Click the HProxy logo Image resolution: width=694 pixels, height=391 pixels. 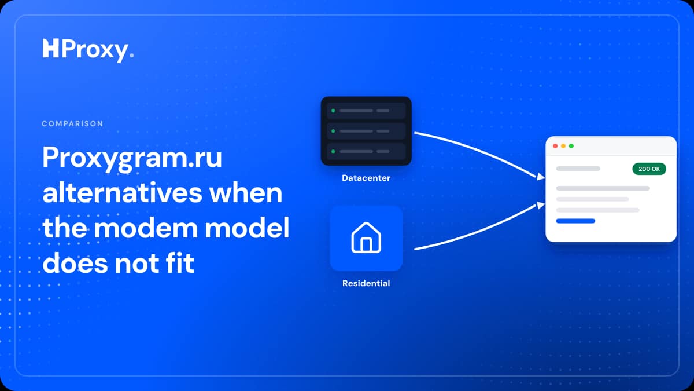point(88,50)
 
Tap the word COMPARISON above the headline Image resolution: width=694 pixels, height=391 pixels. point(72,123)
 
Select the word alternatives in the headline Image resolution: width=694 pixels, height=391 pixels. point(123,193)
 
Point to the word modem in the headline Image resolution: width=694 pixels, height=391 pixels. point(146,228)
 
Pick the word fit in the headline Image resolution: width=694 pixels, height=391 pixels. point(180,263)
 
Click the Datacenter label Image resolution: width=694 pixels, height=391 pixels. point(366,178)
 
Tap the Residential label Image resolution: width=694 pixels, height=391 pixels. point(366,283)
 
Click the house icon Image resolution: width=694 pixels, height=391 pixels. point(366,237)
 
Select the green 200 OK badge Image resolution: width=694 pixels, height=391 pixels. point(649,169)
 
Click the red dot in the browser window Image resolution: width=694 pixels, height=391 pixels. point(555,146)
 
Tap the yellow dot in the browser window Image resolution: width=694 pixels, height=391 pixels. point(563,146)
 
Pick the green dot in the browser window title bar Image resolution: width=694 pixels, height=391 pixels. point(571,146)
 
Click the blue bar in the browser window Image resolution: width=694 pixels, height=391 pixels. point(575,221)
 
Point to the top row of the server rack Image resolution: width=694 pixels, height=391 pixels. point(366,111)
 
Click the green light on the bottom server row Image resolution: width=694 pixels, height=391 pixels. point(333,151)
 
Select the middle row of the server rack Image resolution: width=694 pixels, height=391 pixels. point(366,131)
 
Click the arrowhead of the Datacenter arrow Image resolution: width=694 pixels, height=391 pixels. point(541,177)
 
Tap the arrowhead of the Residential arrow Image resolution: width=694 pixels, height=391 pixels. point(541,205)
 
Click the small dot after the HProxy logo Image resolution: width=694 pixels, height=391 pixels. point(132,55)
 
